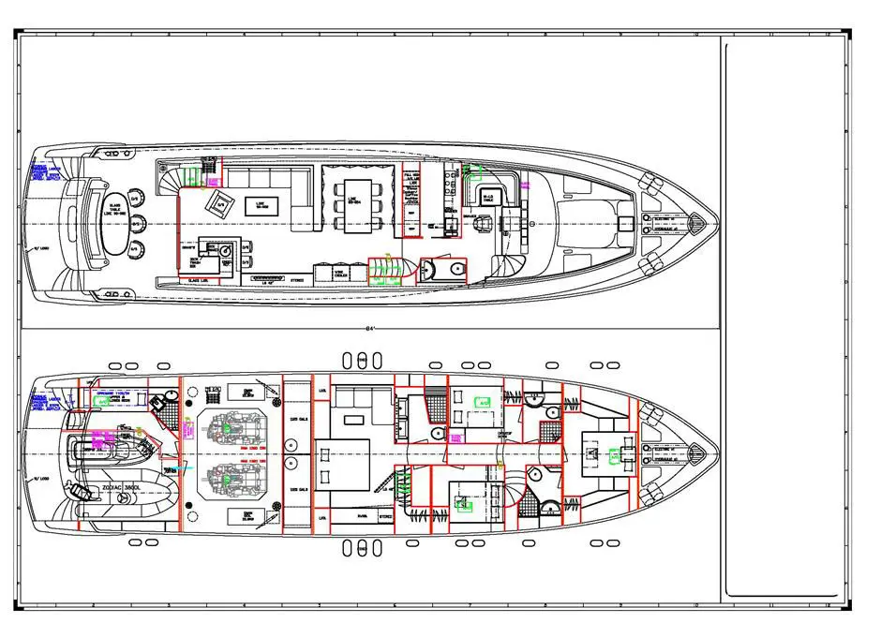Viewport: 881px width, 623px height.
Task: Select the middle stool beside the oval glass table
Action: click(x=137, y=223)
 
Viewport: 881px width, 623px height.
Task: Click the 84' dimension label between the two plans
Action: click(x=371, y=329)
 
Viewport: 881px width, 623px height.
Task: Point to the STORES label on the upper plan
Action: click(x=297, y=279)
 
